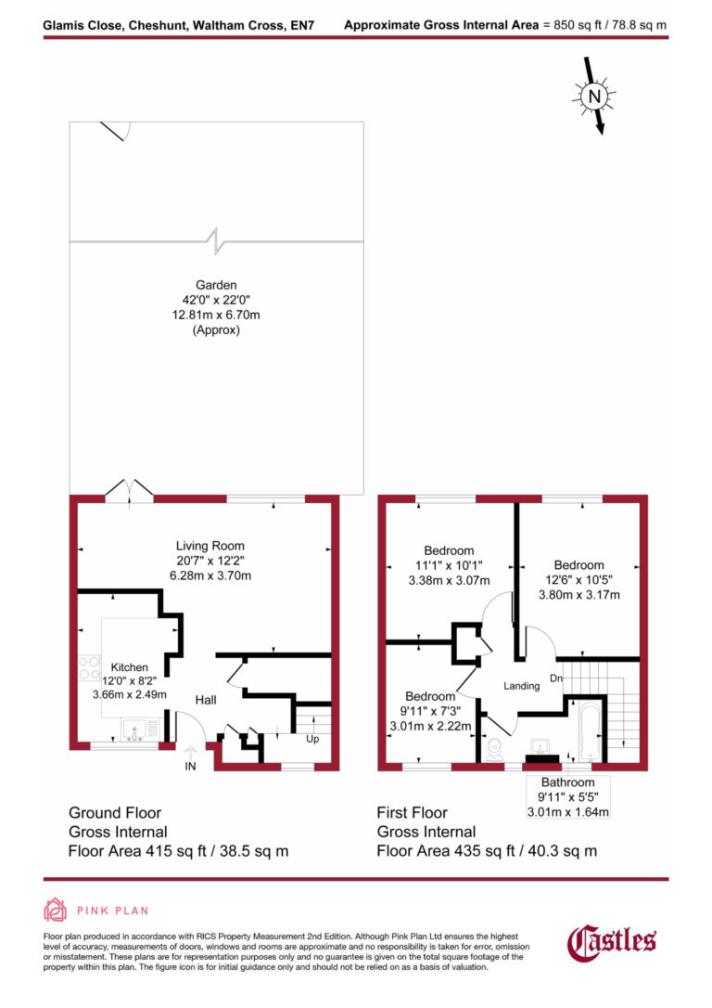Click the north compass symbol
(x=594, y=95)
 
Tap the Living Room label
(x=210, y=546)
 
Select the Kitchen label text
(x=130, y=667)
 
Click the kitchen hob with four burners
(x=91, y=667)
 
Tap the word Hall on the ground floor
(x=205, y=699)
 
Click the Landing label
(x=522, y=686)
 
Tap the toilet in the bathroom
(x=492, y=746)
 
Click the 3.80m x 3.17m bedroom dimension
(x=578, y=595)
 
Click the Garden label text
(x=216, y=285)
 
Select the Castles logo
(x=612, y=942)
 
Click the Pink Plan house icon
(x=56, y=911)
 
